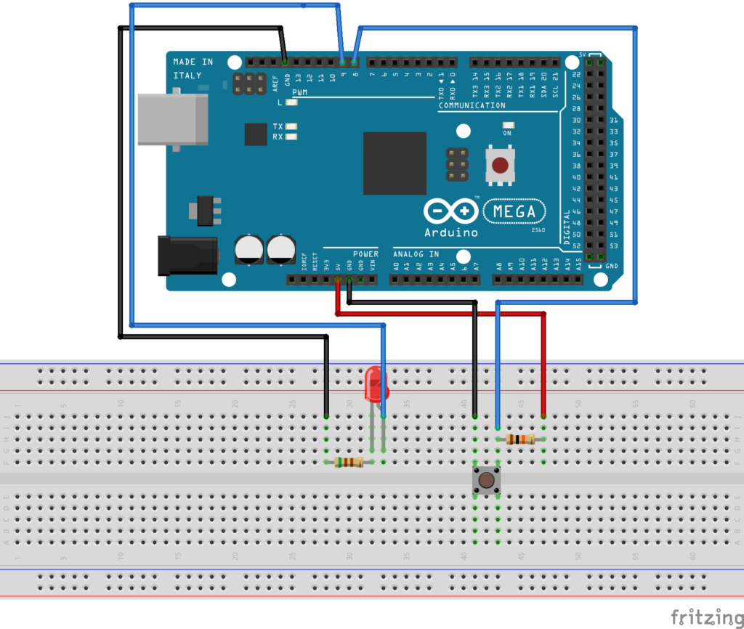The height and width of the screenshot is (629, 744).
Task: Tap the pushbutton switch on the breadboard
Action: click(486, 479)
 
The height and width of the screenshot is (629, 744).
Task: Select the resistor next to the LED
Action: click(349, 462)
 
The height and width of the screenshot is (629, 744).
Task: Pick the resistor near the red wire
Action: click(520, 439)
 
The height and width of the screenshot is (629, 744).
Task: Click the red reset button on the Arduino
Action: click(500, 165)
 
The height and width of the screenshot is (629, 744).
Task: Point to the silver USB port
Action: click(171, 119)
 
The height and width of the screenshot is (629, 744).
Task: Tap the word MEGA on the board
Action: click(514, 211)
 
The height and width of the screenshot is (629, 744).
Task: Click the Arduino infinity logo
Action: click(451, 211)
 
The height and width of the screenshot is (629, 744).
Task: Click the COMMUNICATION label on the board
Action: click(472, 105)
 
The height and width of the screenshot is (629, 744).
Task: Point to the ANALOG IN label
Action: click(416, 254)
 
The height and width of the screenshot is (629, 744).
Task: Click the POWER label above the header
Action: click(365, 254)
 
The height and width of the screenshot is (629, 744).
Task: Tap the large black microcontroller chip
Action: click(395, 163)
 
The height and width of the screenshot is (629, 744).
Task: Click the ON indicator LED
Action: click(507, 125)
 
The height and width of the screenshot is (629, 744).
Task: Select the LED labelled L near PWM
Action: click(291, 103)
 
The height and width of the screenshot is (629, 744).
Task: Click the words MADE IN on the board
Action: click(193, 62)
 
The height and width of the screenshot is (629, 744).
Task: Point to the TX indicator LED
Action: click(291, 126)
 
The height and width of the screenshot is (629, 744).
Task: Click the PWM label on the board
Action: click(300, 93)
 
